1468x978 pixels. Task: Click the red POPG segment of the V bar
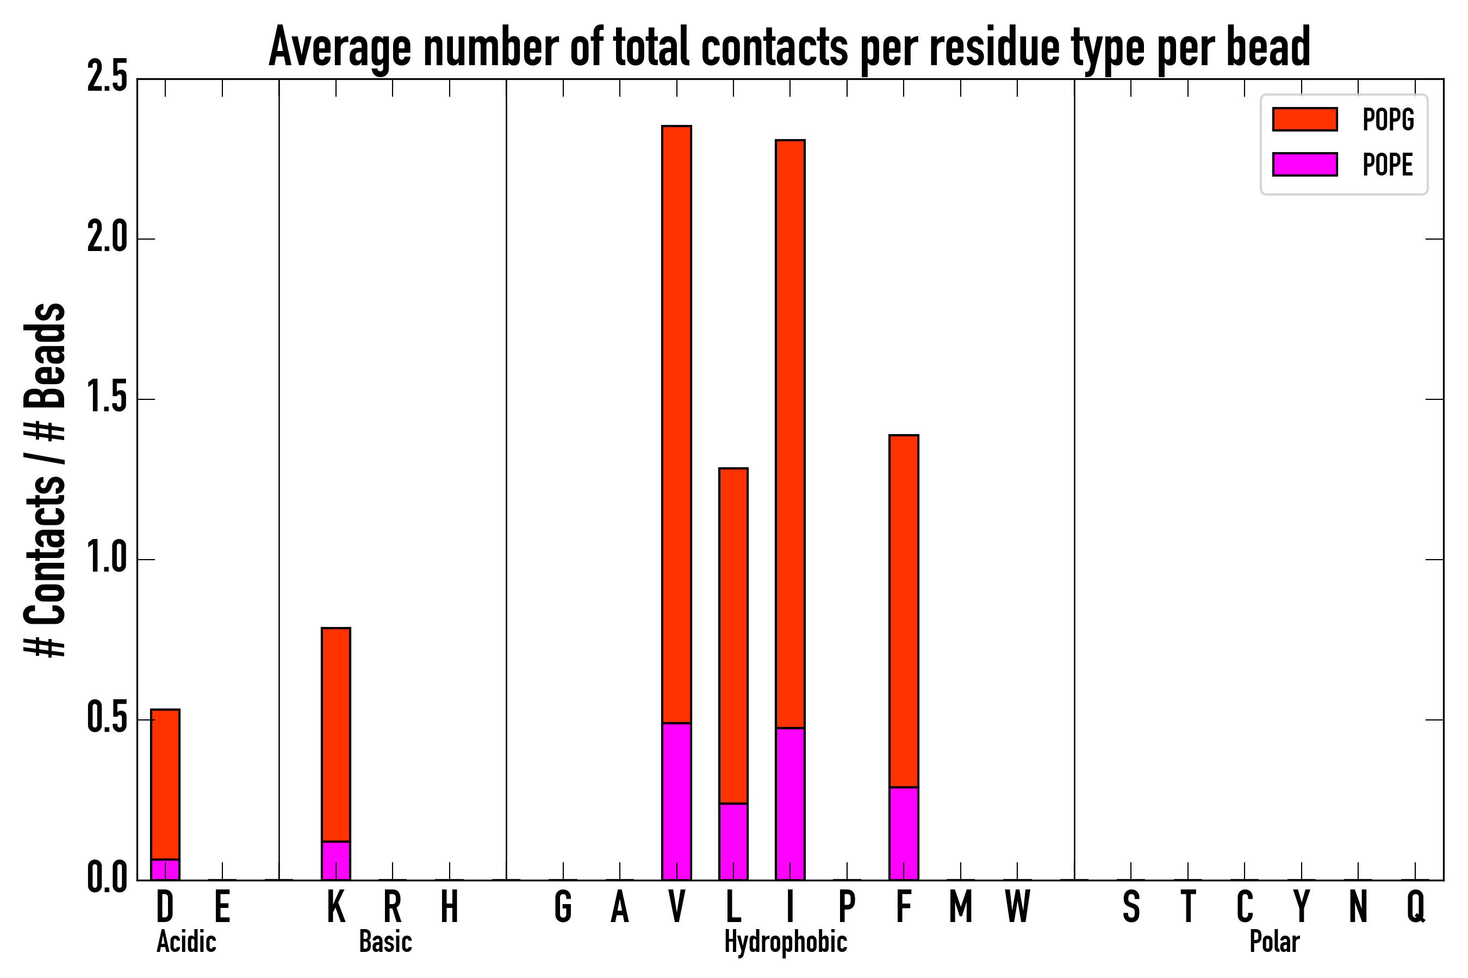coord(676,424)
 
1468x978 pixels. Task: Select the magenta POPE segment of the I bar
coord(790,804)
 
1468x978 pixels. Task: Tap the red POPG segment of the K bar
coord(336,735)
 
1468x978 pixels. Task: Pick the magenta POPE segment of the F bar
coord(904,834)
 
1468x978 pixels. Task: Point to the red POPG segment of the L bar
coord(733,636)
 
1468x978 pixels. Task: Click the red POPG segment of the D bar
coord(165,785)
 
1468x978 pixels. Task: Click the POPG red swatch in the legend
coord(1304,119)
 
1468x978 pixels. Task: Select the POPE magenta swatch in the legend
coord(1304,165)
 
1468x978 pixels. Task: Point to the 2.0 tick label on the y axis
coord(107,239)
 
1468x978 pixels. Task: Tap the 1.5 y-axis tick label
coord(107,399)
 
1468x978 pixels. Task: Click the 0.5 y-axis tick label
coord(107,719)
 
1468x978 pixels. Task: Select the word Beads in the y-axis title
coord(45,355)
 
